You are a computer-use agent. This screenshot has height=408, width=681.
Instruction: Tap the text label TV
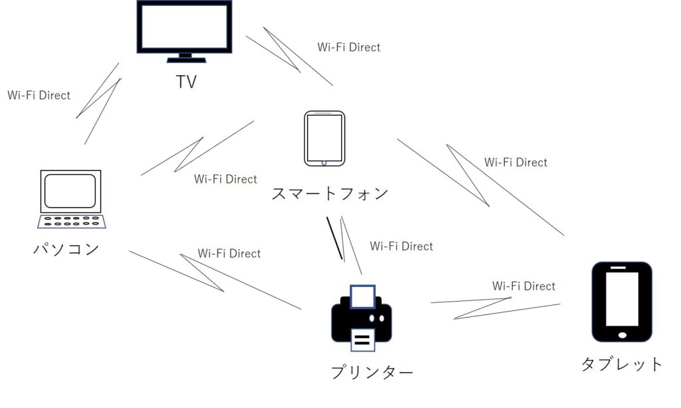click(186, 82)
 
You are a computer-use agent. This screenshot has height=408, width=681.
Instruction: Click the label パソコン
click(67, 249)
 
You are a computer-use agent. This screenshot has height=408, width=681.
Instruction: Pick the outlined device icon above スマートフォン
click(325, 138)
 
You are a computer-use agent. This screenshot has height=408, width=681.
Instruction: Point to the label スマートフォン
click(330, 194)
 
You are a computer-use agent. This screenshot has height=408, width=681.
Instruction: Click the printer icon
click(361, 318)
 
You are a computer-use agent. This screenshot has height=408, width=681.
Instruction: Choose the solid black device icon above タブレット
click(622, 302)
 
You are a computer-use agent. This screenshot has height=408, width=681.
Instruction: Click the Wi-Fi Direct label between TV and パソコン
click(39, 95)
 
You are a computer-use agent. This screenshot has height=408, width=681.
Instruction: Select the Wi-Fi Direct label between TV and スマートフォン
click(348, 47)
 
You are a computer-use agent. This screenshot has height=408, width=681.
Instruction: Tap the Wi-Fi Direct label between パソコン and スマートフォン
click(225, 179)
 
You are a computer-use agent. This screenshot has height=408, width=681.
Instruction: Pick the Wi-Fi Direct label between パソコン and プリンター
click(229, 253)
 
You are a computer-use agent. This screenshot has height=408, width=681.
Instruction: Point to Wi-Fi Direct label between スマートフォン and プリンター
click(401, 246)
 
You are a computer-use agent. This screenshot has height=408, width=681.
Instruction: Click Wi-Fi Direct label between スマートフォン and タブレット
click(515, 162)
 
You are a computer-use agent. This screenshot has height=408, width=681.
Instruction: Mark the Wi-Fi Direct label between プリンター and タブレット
click(523, 286)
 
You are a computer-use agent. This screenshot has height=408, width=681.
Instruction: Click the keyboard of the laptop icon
click(71, 221)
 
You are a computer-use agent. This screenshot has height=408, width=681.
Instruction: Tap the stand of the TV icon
click(184, 58)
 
